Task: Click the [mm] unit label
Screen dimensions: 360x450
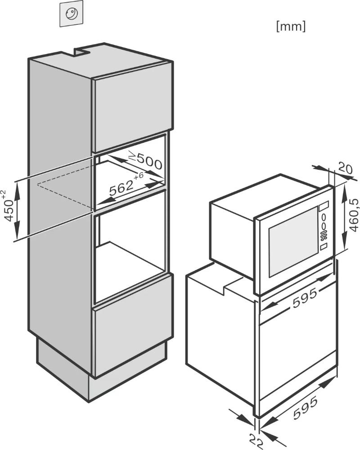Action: click(291, 27)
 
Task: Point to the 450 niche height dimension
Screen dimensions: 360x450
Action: click(9, 206)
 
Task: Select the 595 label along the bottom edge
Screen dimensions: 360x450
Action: click(306, 407)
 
